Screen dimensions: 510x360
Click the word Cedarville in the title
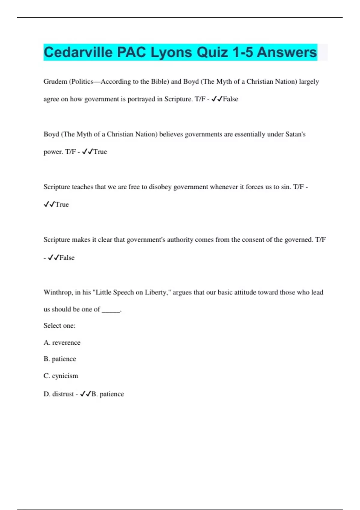point(78,52)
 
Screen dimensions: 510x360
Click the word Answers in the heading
point(286,52)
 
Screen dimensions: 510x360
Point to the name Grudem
point(55,82)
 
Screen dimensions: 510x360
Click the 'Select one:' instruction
point(59,326)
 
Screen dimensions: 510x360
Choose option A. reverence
point(62,343)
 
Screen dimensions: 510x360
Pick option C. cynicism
point(61,376)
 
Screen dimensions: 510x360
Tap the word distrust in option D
point(63,394)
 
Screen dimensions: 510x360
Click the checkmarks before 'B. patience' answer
point(85,394)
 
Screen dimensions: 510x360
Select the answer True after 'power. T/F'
point(100,152)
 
